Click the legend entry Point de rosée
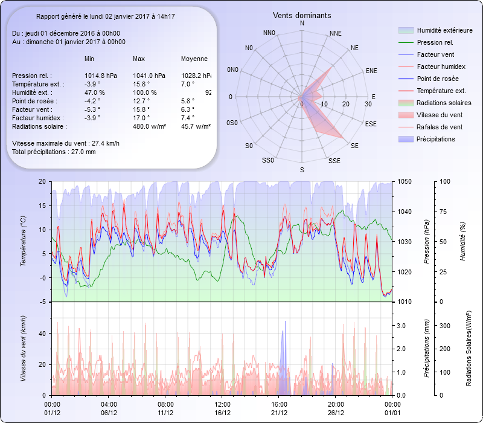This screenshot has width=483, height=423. click(437, 79)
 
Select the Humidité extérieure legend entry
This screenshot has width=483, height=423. click(444, 30)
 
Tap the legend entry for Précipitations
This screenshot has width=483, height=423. click(436, 139)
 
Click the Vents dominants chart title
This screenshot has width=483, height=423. click(302, 15)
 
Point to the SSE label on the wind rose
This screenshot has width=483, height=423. click(334, 161)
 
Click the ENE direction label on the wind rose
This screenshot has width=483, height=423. click(371, 71)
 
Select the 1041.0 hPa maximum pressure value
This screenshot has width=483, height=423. click(148, 76)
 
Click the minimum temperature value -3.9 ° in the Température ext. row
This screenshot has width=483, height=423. click(92, 84)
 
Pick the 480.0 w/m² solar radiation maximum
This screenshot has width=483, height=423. click(149, 126)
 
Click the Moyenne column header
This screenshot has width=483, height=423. click(194, 59)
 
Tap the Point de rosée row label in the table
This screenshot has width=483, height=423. click(33, 101)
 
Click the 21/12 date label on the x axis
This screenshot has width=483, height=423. click(279, 413)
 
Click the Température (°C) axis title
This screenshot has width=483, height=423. click(24, 242)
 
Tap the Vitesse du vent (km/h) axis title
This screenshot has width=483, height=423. click(24, 348)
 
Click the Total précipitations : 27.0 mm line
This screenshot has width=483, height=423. click(54, 152)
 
